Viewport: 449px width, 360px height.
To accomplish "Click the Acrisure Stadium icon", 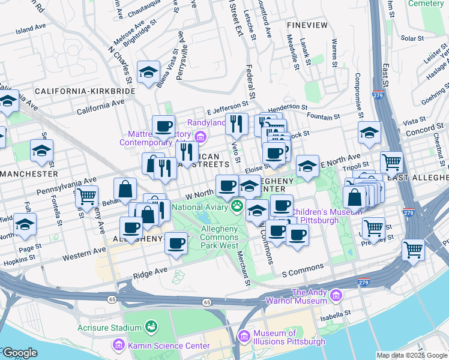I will pyautogui.click(x=151, y=328).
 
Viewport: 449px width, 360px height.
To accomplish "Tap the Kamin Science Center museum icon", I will pyautogui.click(x=118, y=345).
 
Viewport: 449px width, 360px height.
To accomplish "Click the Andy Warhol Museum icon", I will pyautogui.click(x=336, y=296).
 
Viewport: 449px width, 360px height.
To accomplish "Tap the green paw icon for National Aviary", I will pyautogui.click(x=238, y=207).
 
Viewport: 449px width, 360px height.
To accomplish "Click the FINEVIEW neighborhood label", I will pyautogui.click(x=307, y=25).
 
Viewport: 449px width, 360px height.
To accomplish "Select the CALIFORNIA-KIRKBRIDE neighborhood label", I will pyautogui.click(x=85, y=91).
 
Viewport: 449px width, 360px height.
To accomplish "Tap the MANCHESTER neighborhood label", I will pyautogui.click(x=29, y=173).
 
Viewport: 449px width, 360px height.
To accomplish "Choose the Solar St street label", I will pyautogui.click(x=412, y=38).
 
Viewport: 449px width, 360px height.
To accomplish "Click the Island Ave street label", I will pyautogui.click(x=31, y=29).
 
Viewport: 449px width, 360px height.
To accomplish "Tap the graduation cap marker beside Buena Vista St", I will pyautogui.click(x=148, y=73).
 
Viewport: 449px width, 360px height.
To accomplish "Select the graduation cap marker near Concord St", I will pyautogui.click(x=369, y=133).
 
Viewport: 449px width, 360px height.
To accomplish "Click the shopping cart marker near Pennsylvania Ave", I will pyautogui.click(x=87, y=196).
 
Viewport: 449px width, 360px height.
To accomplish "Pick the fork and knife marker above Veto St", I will pyautogui.click(x=237, y=124).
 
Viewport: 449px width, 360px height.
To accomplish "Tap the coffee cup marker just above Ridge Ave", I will pyautogui.click(x=176, y=243).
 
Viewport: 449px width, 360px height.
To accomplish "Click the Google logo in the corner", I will pyautogui.click(x=19, y=353).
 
